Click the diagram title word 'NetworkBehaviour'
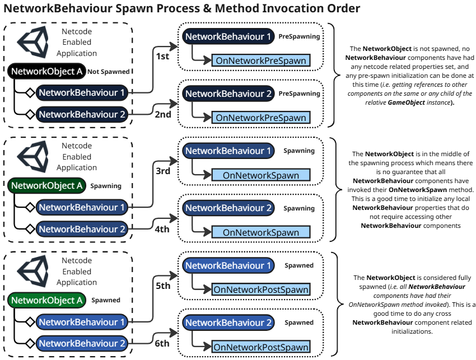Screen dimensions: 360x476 (x=56, y=9)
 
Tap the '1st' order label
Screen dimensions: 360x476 (x=163, y=57)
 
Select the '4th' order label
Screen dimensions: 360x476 (x=163, y=228)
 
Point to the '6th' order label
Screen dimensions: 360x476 (x=163, y=343)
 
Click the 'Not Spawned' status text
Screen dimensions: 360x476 (x=109, y=72)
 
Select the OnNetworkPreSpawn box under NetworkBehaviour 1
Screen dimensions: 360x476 (x=260, y=60)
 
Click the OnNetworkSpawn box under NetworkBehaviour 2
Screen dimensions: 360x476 (x=260, y=232)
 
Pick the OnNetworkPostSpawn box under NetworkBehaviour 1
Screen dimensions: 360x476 (x=260, y=289)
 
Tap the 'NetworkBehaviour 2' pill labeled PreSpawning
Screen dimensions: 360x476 (x=228, y=93)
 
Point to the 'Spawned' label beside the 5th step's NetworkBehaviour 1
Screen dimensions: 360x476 (x=299, y=265)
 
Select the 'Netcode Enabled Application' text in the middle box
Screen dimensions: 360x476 (x=77, y=157)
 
